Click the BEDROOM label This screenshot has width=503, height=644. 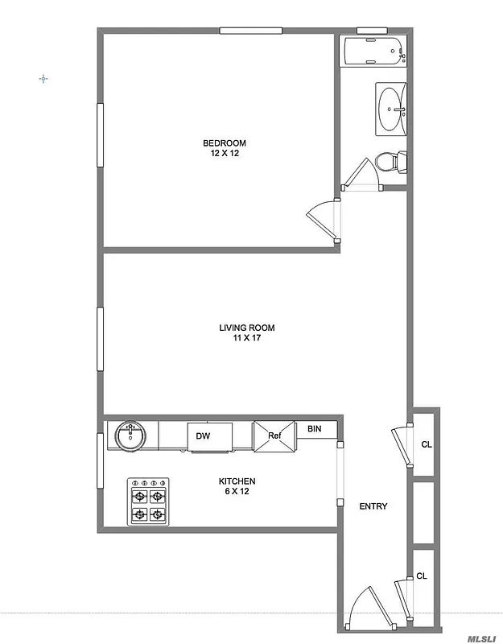(224, 143)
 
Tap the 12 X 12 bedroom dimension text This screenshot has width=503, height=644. (224, 153)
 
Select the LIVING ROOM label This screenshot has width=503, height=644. (247, 328)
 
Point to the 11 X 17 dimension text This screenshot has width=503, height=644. (247, 338)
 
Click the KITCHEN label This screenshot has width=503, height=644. (237, 482)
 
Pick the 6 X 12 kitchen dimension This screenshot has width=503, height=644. (237, 492)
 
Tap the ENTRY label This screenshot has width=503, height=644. (373, 506)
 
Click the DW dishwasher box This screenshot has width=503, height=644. (204, 436)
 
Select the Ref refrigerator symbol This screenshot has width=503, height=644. (274, 436)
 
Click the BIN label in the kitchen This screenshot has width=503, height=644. (315, 429)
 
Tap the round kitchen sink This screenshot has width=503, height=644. (130, 436)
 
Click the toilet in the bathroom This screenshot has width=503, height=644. (391, 161)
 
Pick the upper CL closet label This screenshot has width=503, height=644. (426, 444)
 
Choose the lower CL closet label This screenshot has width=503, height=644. (421, 576)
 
